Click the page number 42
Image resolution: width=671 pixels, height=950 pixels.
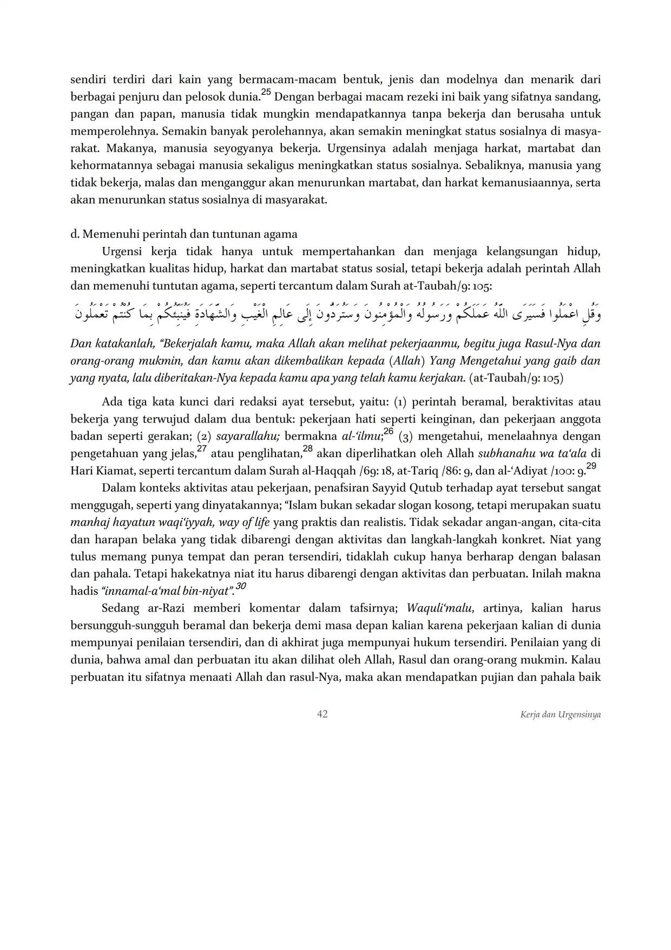pyautogui.click(x=322, y=714)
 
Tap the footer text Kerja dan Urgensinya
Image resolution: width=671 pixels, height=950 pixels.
pyautogui.click(x=560, y=714)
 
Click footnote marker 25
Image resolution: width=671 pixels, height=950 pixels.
pyautogui.click(x=266, y=93)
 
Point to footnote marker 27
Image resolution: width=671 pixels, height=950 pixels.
pyautogui.click(x=201, y=448)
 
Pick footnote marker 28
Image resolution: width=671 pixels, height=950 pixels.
pyautogui.click(x=307, y=448)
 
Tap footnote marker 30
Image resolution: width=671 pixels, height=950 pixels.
pyautogui.click(x=241, y=586)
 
